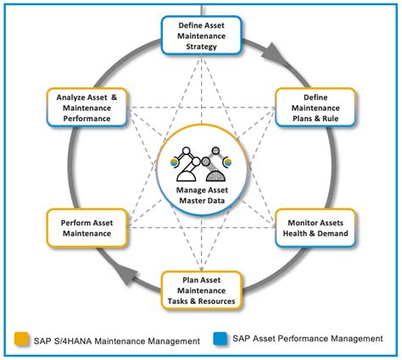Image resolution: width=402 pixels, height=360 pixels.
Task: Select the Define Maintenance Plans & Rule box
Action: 315,108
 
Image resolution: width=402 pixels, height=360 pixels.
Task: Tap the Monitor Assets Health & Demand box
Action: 315,227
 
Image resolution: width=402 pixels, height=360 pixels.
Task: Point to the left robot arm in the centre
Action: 187,164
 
